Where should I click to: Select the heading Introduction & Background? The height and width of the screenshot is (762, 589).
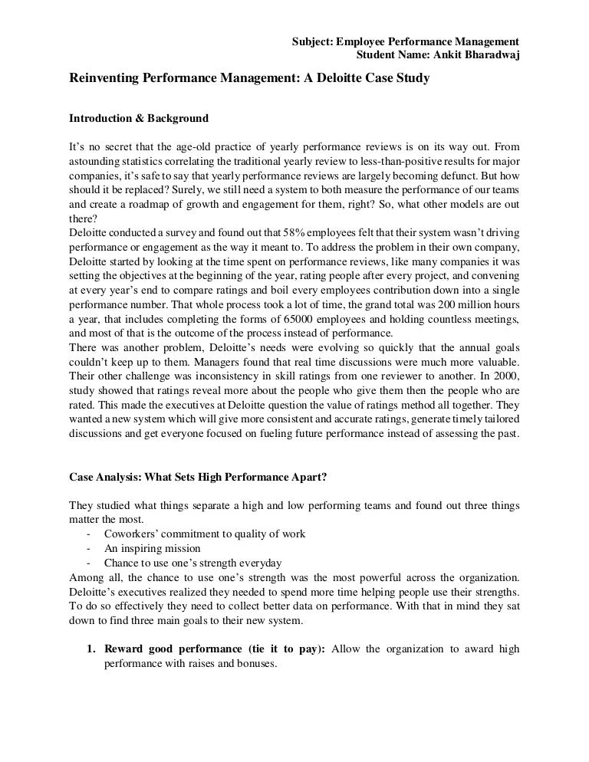[139, 119]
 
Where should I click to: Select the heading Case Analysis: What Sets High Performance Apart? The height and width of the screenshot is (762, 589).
[198, 478]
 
